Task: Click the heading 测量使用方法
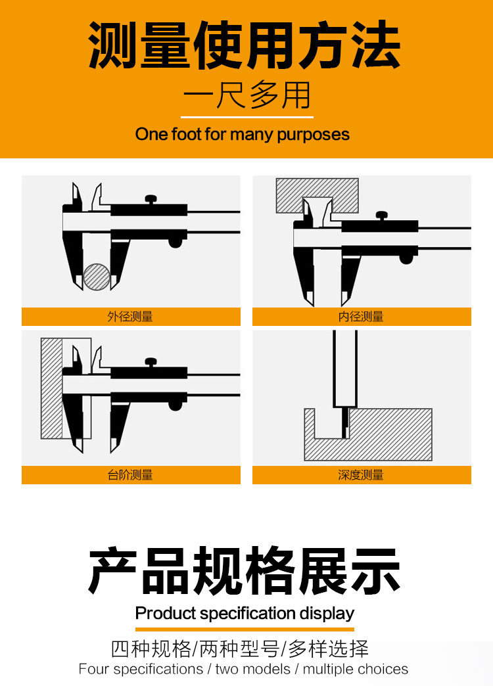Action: coord(245,45)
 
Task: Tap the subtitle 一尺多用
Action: coord(247,95)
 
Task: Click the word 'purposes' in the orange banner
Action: coord(313,135)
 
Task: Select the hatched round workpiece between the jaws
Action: coord(97,277)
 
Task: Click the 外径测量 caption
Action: coord(130,316)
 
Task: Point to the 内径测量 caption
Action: coord(361,316)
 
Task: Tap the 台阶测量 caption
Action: coord(130,474)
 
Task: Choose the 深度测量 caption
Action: coord(361,474)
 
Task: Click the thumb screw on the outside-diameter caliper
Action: coord(151,200)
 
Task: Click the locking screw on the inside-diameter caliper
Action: coord(382,216)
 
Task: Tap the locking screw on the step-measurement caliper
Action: coord(151,363)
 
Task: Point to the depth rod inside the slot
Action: coord(346,423)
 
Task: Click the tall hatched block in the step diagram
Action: coord(52,388)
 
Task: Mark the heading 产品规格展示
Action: coord(245,570)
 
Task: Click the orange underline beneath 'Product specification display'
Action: coord(245,629)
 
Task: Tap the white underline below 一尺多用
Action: coord(247,117)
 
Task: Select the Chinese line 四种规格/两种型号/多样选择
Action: coord(240,649)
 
